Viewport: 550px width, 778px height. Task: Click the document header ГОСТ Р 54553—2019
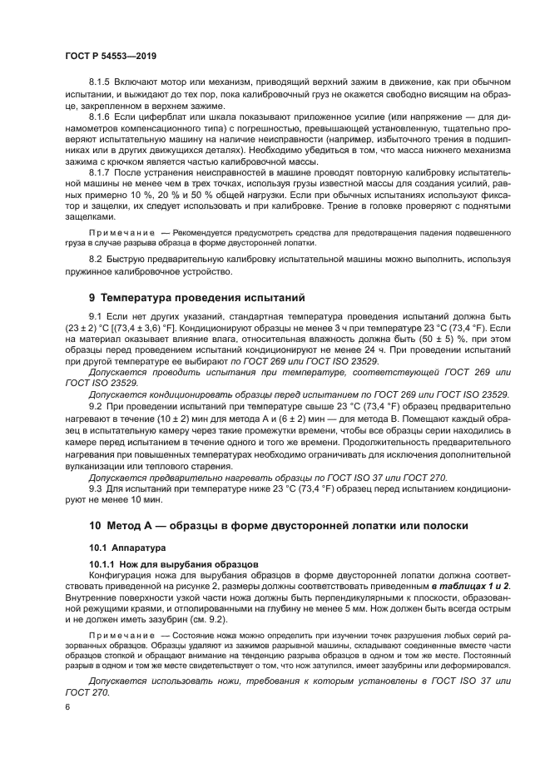coord(111,56)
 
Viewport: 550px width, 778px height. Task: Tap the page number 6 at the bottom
coord(67,706)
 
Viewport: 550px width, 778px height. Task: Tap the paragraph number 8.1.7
coord(99,171)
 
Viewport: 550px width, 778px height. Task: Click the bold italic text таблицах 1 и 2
coord(470,586)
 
